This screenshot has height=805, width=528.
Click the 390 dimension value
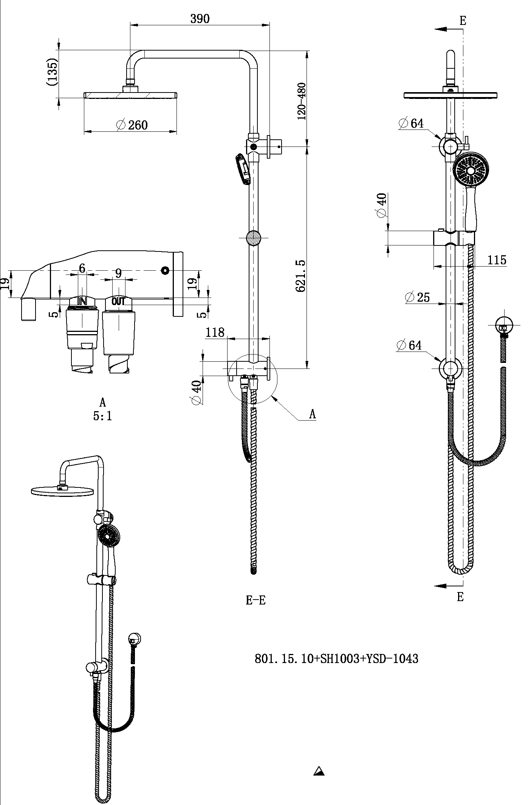click(x=200, y=19)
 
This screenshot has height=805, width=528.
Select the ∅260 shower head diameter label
click(x=132, y=125)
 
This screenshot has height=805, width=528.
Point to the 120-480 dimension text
click(x=302, y=101)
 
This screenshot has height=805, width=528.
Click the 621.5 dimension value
click(x=301, y=276)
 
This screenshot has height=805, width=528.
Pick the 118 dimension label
click(x=215, y=332)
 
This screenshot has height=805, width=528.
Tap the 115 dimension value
click(x=496, y=260)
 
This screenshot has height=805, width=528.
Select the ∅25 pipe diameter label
click(x=417, y=298)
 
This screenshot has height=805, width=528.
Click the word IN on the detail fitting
click(x=82, y=301)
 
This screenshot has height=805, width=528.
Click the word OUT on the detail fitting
click(x=118, y=301)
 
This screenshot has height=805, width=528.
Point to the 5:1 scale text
click(x=102, y=416)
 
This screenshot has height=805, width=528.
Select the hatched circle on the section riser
click(x=253, y=238)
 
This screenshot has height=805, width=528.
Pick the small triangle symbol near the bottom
click(x=319, y=771)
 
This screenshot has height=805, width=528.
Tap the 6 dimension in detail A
click(x=82, y=268)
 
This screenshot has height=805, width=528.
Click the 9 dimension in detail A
click(x=118, y=273)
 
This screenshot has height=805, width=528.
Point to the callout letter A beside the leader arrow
click(x=312, y=414)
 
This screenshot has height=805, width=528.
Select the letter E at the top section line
click(x=463, y=20)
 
